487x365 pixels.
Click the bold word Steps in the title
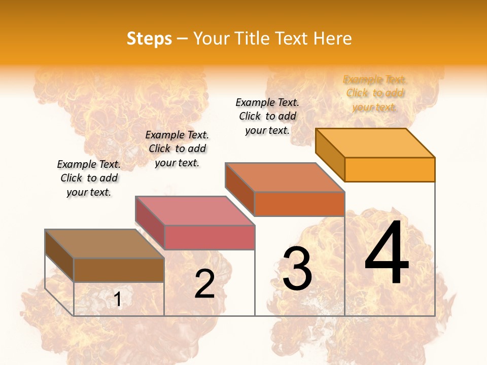pyautogui.click(x=149, y=39)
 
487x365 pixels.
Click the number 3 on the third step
pyautogui.click(x=297, y=269)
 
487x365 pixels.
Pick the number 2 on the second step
pyautogui.click(x=205, y=284)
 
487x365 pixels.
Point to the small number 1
pyautogui.click(x=118, y=300)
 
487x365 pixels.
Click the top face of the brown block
pyautogui.click(x=104, y=244)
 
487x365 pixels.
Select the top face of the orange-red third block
pyautogui.click(x=285, y=177)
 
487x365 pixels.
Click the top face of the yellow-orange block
pyautogui.click(x=375, y=143)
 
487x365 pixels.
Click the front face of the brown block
pyautogui.click(x=119, y=270)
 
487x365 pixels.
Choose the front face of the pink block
pyautogui.click(x=209, y=237)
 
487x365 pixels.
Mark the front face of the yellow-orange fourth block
pyautogui.click(x=390, y=169)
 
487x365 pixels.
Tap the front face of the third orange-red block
pyautogui.click(x=299, y=204)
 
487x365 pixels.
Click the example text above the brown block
pyautogui.click(x=89, y=178)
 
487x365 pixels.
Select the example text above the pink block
pyautogui.click(x=177, y=149)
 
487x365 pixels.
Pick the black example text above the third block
pyautogui.click(x=267, y=116)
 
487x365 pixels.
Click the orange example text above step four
pyautogui.click(x=374, y=93)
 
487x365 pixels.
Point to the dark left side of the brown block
pyautogui.click(x=59, y=256)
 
